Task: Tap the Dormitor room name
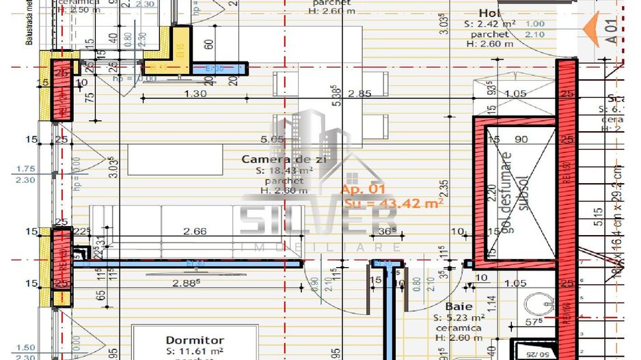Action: pyautogui.click(x=195, y=340)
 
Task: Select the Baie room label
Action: pyautogui.click(x=459, y=307)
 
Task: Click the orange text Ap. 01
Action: pyautogui.click(x=364, y=189)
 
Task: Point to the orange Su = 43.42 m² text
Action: pyautogui.click(x=392, y=203)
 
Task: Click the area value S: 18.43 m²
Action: pyautogui.click(x=284, y=170)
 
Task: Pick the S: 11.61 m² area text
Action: pyautogui.click(x=195, y=350)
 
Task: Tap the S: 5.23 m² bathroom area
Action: pyautogui.click(x=459, y=318)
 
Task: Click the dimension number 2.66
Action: pyautogui.click(x=195, y=232)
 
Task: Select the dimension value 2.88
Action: pyautogui.click(x=189, y=281)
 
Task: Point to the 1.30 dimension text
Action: pyautogui.click(x=195, y=93)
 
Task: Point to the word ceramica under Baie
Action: pyautogui.click(x=459, y=328)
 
